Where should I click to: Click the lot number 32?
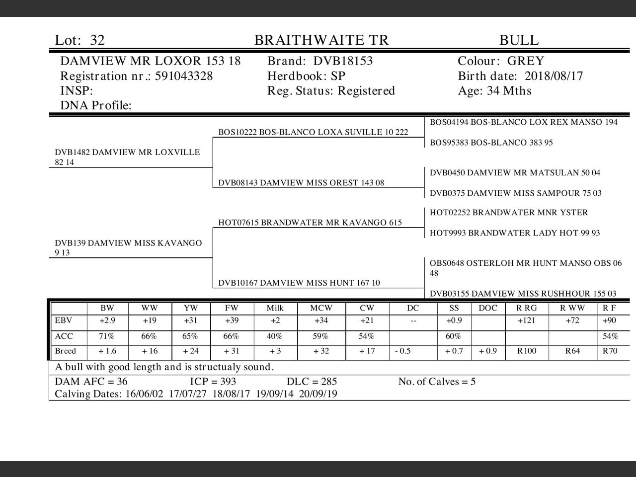pos(97,40)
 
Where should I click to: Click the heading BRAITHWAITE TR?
pos(321,40)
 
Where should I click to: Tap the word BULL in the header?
pos(519,40)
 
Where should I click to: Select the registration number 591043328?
pos(184,76)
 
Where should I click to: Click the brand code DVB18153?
pos(343,61)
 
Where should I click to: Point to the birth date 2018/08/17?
pos(554,76)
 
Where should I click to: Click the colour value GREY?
pos(526,61)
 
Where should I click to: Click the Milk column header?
pos(275,308)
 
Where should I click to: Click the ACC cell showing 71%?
pos(107,336)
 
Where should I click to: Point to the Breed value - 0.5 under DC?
pos(403,351)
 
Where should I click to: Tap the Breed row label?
pos(65,351)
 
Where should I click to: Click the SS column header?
pos(454,308)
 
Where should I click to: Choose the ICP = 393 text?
pos(213,382)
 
